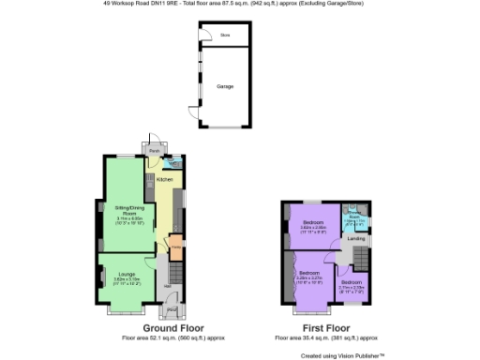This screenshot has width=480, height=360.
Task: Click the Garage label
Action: pyautogui.click(x=225, y=85)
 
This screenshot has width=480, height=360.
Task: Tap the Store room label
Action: pyautogui.click(x=225, y=36)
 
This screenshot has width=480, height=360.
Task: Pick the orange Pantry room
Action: pyautogui.click(x=175, y=247)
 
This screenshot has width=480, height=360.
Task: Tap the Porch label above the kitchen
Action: pyautogui.click(x=153, y=150)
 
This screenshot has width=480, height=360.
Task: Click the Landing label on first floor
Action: pyautogui.click(x=356, y=239)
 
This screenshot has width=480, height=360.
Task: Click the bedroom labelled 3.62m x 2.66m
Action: pyautogui.click(x=313, y=226)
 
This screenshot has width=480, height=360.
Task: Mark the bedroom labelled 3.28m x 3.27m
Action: pyautogui.click(x=310, y=277)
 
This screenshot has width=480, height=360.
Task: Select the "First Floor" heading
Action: pyautogui.click(x=325, y=329)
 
